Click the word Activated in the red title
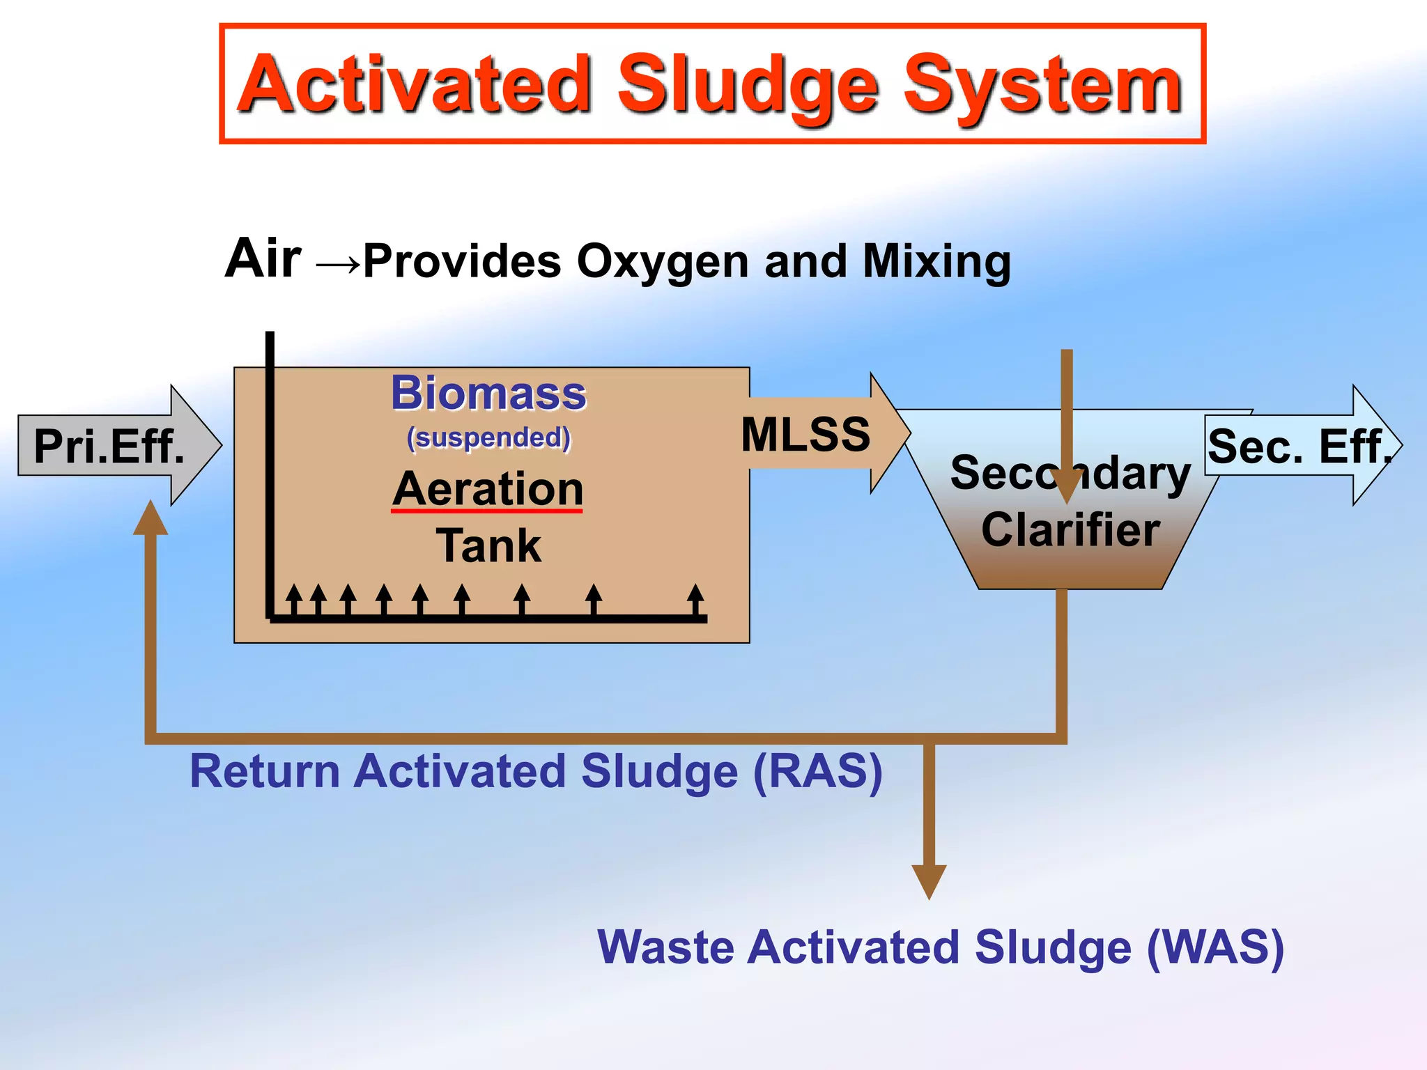(x=415, y=85)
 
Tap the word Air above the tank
(x=263, y=258)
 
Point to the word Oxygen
(x=663, y=263)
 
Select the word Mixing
(x=936, y=263)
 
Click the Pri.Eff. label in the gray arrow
(x=109, y=446)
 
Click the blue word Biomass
(x=488, y=393)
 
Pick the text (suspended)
(x=488, y=437)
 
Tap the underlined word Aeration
(x=488, y=489)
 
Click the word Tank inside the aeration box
(x=488, y=545)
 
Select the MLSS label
(x=805, y=434)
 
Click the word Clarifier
(x=1071, y=530)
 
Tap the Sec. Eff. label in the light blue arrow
(x=1297, y=446)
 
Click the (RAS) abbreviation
(x=818, y=771)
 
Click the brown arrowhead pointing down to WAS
(x=929, y=881)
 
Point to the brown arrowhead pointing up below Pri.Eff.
(x=151, y=519)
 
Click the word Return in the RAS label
(x=265, y=771)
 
